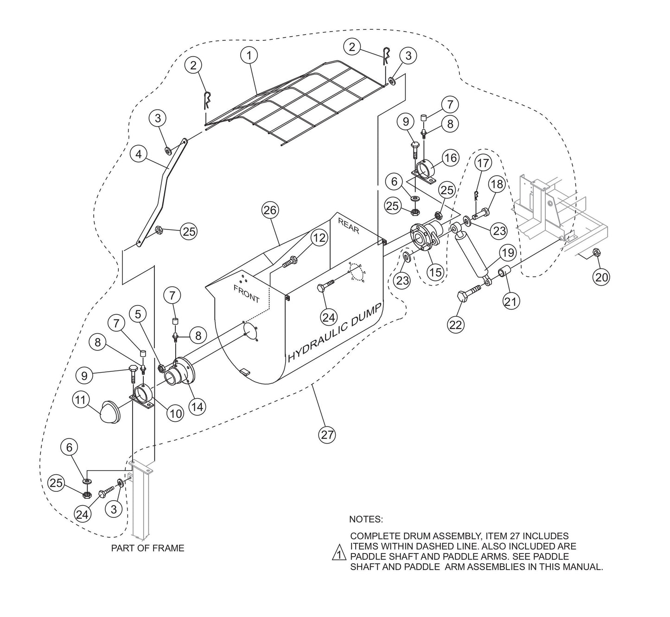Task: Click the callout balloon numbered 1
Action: tap(249, 55)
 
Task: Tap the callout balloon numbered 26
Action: tap(270, 210)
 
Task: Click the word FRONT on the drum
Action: tap(246, 294)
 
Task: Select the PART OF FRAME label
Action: tap(147, 548)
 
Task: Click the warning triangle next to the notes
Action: tap(339, 555)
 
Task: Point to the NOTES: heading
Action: tap(366, 519)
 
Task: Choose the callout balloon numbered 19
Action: tap(508, 253)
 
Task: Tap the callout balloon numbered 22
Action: tap(456, 324)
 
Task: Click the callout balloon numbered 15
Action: tap(435, 272)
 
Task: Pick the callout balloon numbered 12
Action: tap(319, 238)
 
